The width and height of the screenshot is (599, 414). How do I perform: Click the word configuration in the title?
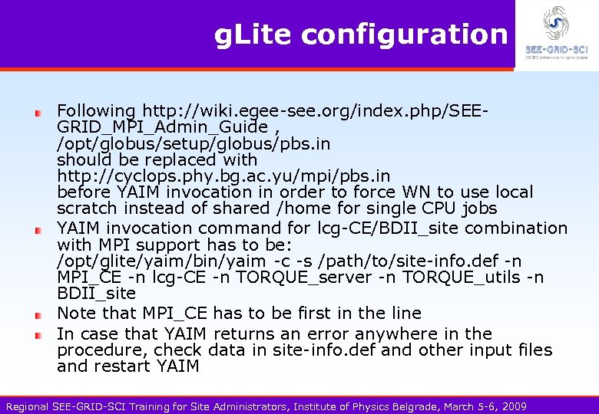click(x=405, y=34)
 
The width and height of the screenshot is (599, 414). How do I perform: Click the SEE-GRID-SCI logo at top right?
click(x=556, y=34)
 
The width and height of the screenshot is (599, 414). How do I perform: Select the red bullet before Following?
click(x=37, y=113)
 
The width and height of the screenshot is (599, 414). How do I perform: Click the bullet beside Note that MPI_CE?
click(x=37, y=315)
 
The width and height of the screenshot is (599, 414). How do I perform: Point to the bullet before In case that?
click(x=37, y=336)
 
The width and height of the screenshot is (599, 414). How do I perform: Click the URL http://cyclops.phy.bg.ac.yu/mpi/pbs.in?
click(x=223, y=176)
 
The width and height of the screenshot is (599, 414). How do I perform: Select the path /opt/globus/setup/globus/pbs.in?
click(x=194, y=143)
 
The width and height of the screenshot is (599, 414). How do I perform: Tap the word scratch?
click(x=86, y=208)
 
